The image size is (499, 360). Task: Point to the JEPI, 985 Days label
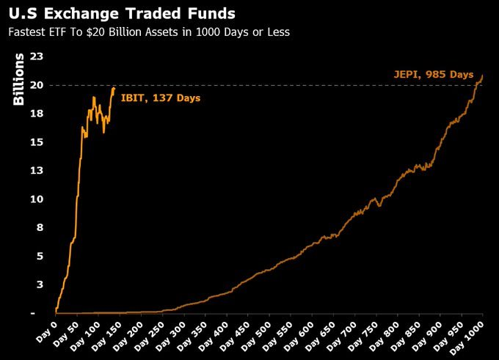click(433, 74)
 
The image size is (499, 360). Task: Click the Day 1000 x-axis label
click(470, 335)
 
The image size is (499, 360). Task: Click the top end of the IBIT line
click(114, 88)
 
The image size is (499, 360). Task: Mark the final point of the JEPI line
click(482, 76)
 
